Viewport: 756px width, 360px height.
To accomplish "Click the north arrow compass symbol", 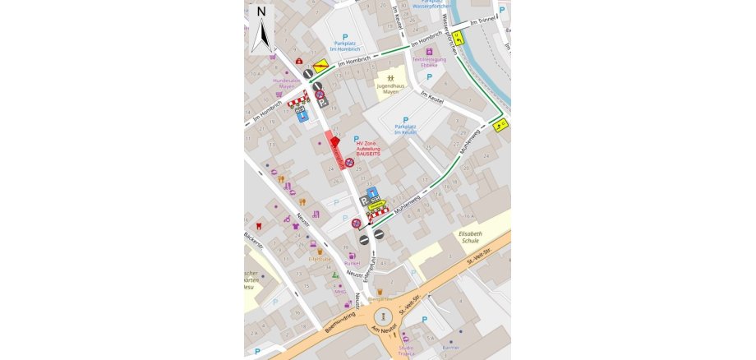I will [261, 28].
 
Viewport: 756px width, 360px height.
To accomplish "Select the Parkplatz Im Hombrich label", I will [345, 45].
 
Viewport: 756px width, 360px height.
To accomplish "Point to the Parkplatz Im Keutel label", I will [405, 129].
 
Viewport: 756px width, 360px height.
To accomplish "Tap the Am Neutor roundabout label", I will [385, 330].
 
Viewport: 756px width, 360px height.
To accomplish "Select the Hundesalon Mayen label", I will [287, 83].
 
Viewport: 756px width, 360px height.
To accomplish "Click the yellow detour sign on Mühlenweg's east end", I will [500, 124].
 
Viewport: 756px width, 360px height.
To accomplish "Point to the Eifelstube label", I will [320, 259].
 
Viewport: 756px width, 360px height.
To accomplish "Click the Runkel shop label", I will [353, 263].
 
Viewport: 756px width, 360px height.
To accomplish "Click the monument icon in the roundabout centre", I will [384, 316].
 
